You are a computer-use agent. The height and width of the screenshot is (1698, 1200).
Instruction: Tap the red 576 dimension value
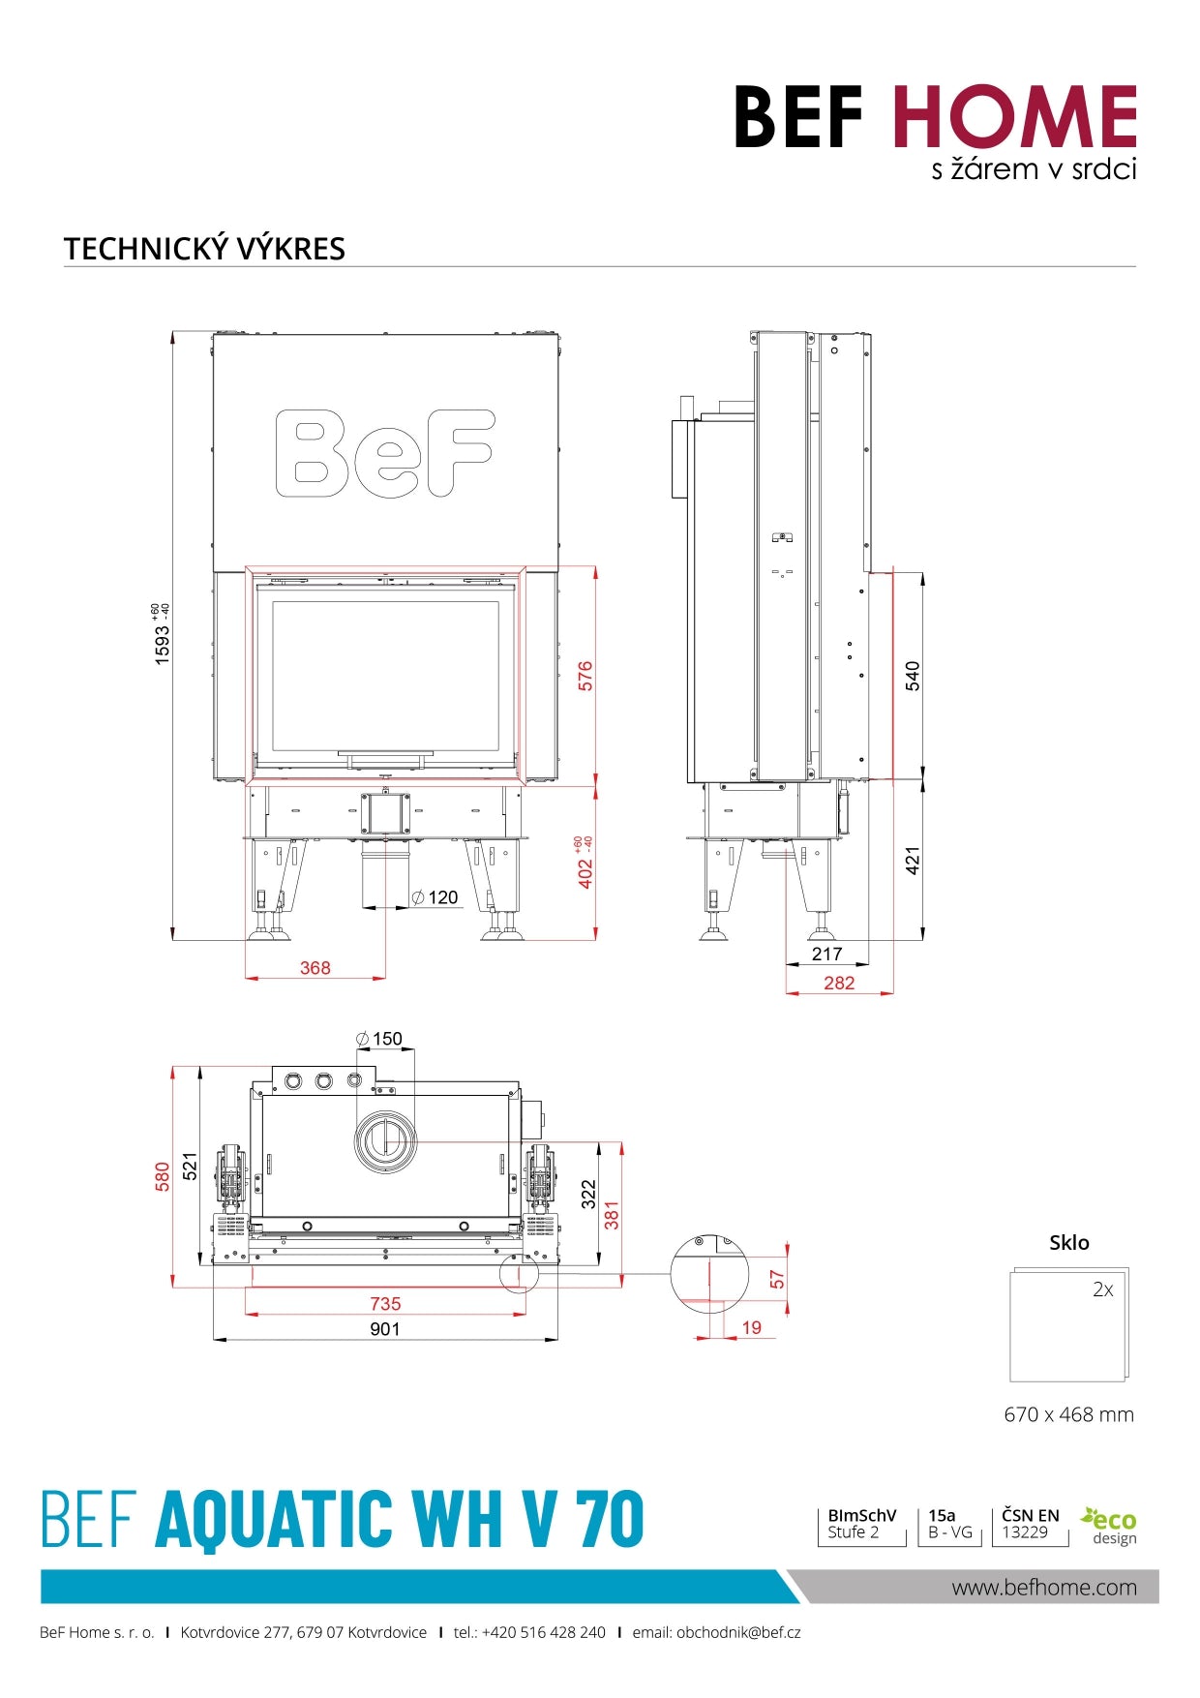tap(585, 676)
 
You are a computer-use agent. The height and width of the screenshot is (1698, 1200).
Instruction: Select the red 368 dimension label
tap(315, 968)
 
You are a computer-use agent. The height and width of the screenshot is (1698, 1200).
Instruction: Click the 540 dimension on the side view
tap(913, 676)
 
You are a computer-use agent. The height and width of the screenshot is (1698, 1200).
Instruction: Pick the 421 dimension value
tap(913, 860)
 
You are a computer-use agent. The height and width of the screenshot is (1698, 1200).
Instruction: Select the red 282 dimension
tap(839, 983)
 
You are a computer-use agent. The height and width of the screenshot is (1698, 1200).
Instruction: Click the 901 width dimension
tap(384, 1329)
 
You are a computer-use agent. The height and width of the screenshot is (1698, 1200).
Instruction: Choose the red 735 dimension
tap(384, 1304)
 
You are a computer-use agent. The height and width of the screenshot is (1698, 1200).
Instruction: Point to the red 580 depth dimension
tap(163, 1176)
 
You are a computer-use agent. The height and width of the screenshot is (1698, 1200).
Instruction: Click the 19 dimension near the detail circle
tap(752, 1327)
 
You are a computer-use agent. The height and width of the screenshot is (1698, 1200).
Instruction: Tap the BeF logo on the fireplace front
tap(385, 453)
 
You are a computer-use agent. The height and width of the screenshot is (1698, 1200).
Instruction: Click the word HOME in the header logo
tap(1013, 117)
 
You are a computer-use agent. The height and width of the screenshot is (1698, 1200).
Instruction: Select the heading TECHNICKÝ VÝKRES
tap(204, 249)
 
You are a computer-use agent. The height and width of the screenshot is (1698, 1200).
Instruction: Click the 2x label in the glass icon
tap(1102, 1289)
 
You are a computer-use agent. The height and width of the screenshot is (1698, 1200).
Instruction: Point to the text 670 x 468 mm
tap(1068, 1414)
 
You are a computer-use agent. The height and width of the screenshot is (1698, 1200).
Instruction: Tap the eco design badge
tap(1110, 1526)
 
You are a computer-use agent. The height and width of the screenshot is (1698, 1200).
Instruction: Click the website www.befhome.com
tap(1043, 1587)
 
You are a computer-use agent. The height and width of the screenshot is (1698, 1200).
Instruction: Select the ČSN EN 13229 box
tap(1030, 1524)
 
